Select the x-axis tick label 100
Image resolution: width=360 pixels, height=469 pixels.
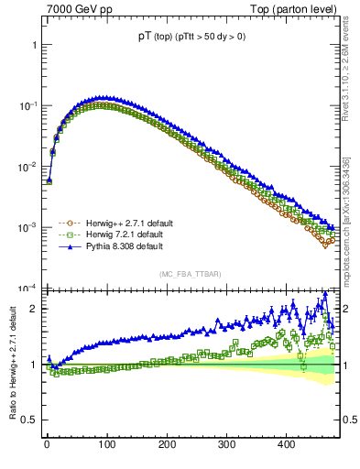[106, 444]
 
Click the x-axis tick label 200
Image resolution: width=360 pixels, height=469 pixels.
[166, 444]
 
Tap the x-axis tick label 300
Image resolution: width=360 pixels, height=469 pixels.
[226, 444]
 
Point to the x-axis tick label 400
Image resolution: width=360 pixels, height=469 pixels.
[286, 444]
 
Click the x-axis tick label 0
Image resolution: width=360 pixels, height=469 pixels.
[47, 444]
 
